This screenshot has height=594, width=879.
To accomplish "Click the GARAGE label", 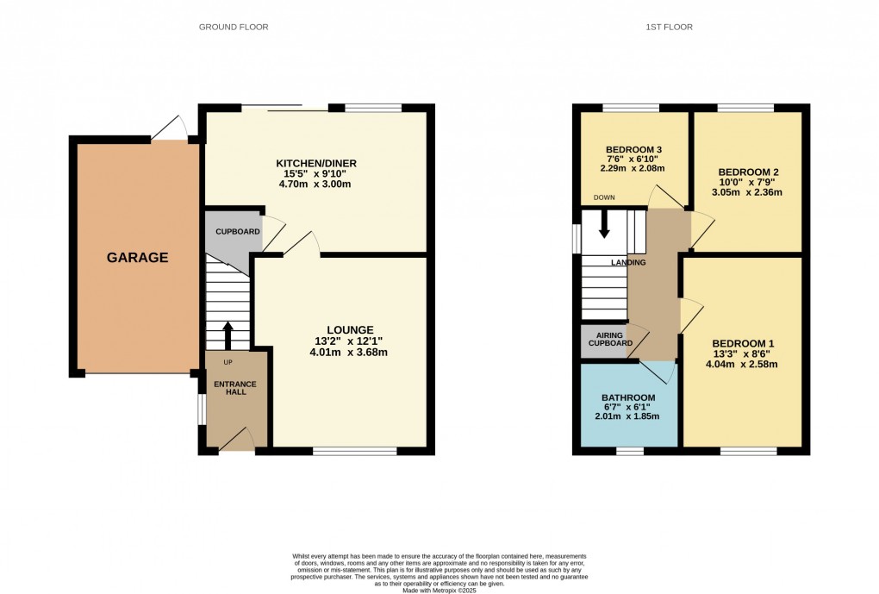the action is point(137,258).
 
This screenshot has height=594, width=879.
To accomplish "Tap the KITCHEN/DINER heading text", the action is point(316,163).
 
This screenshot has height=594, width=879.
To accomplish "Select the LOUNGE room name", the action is point(351,330).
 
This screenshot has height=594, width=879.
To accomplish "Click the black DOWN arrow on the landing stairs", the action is point(604,224).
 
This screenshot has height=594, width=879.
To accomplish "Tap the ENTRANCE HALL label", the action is point(235,388).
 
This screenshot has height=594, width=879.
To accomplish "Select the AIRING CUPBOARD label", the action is point(610,340).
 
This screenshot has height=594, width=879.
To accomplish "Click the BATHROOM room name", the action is point(628,397).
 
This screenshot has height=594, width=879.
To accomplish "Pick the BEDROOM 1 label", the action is point(744,343).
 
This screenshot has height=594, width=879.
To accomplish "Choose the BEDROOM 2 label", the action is point(748,172).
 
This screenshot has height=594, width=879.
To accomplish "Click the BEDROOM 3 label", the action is point(634,150).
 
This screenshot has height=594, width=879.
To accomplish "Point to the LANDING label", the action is point(628,262).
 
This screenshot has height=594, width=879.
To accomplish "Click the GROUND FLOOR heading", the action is point(234,27).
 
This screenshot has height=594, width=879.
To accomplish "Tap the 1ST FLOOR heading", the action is point(670,27).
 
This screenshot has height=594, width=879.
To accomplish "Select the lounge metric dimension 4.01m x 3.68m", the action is point(349,353).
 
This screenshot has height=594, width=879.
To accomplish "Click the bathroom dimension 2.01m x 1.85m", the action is point(627,416).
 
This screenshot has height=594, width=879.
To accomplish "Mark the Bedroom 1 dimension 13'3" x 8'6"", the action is point(742,354).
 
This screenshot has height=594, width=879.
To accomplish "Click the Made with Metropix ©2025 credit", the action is point(439,590).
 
